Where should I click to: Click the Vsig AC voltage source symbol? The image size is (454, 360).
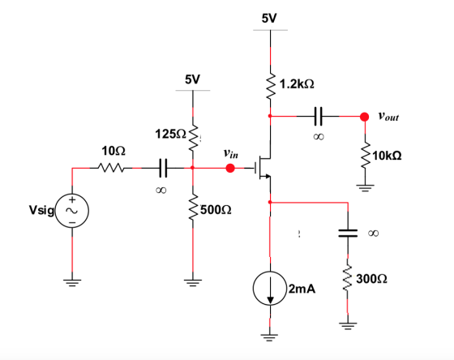(72, 211)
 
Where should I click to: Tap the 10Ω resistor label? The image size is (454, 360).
(113, 151)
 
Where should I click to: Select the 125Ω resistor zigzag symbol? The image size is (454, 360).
(193, 139)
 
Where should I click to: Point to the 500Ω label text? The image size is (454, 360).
(216, 209)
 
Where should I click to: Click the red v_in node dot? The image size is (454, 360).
(230, 168)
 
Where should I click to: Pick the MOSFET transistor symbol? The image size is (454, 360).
(263, 167)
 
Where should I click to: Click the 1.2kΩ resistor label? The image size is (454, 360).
(297, 84)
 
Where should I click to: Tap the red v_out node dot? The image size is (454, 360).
(364, 117)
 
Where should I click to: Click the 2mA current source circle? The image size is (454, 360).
(270, 289)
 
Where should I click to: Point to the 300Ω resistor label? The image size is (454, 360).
(371, 279)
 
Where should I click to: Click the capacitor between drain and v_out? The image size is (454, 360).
(318, 117)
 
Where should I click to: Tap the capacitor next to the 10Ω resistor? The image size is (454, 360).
(163, 168)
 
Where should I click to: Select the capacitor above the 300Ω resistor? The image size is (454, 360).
(348, 234)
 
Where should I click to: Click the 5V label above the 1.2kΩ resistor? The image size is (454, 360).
(269, 19)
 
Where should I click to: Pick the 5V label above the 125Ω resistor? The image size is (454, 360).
(192, 79)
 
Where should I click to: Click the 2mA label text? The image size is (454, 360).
(302, 289)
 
